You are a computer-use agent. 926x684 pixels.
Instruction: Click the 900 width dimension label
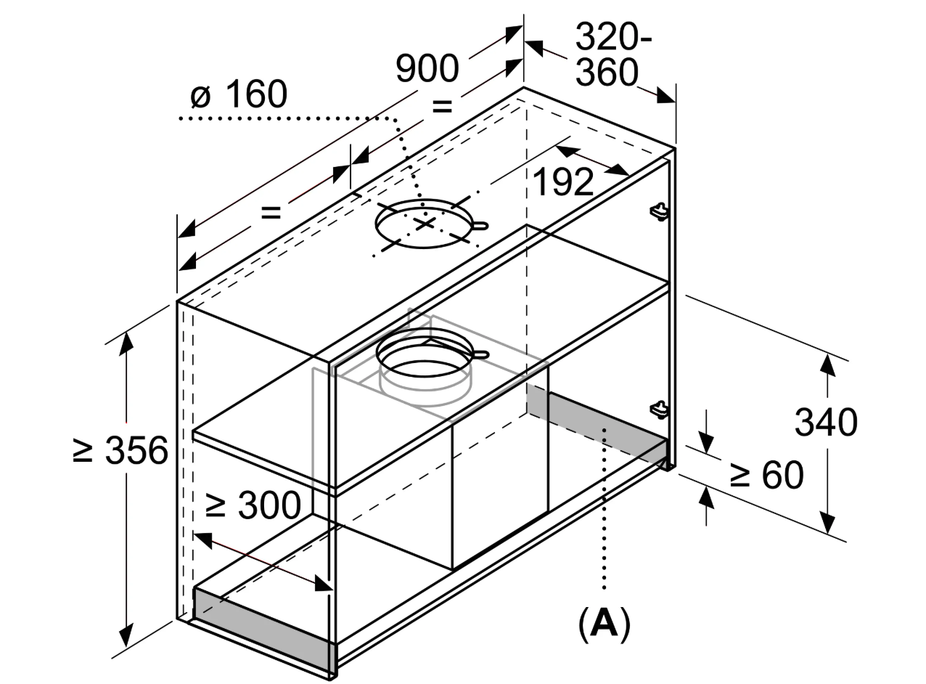coord(427,68)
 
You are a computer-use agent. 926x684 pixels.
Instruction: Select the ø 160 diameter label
coord(239,94)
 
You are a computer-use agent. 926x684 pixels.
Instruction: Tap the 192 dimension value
coord(563,182)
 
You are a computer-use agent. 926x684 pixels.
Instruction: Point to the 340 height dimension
coord(826,423)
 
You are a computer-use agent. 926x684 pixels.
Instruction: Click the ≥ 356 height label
coord(120,450)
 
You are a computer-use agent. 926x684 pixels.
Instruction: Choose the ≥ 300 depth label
coord(253,505)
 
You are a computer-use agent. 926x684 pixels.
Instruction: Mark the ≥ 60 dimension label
coord(766,475)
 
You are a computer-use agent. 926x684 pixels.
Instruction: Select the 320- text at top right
coord(613,37)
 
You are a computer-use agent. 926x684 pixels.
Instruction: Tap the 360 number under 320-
coord(607,72)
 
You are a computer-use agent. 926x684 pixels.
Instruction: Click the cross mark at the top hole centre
coord(425,224)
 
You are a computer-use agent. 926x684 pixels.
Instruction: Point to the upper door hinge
coord(659,211)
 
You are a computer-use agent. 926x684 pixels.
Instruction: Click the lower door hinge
coord(659,409)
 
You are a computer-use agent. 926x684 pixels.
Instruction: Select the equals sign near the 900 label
coord(442,106)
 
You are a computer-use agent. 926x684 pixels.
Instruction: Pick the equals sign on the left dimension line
coord(271,212)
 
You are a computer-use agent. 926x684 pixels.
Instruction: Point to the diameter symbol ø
coord(200,97)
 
